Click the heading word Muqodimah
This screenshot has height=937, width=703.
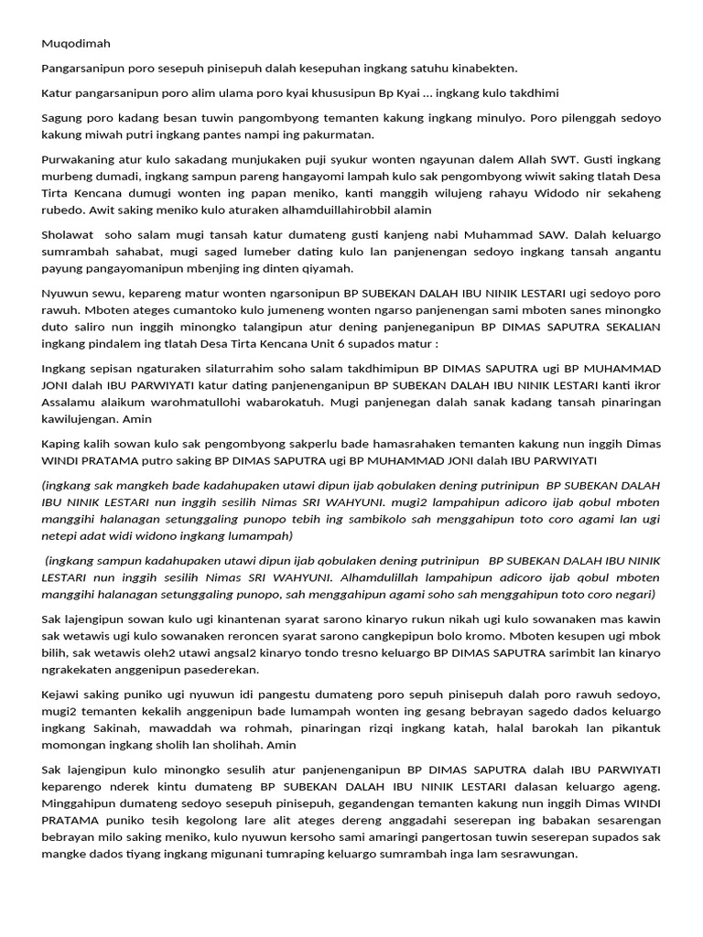click(75, 43)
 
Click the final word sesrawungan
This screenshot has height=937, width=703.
click(540, 854)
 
